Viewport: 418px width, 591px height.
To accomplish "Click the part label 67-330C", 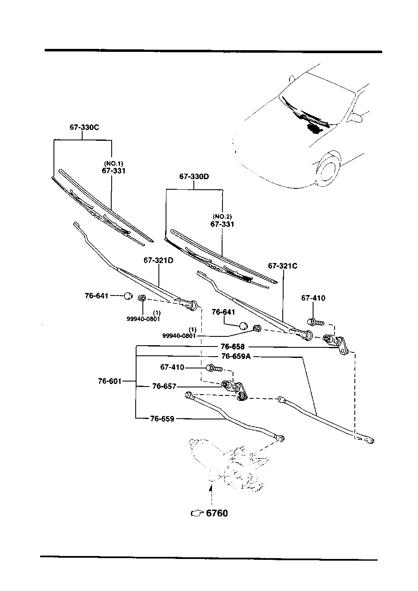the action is click(84, 127).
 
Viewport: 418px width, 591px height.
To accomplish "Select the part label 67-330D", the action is click(194, 177).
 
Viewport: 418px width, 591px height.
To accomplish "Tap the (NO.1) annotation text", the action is click(114, 163).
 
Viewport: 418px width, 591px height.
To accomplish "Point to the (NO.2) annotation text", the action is click(222, 217).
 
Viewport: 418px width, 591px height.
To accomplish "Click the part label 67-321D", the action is click(158, 261).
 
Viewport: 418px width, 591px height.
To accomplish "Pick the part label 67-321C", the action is click(283, 266).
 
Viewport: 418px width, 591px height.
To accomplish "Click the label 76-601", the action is click(110, 381).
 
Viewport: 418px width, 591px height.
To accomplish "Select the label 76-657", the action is click(164, 386).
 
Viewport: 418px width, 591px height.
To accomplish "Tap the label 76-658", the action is click(233, 347).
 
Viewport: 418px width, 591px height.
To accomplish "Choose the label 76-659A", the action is click(236, 357).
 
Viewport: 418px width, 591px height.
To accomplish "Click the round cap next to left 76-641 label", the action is click(128, 296).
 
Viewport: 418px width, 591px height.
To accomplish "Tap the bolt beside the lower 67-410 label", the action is click(214, 368).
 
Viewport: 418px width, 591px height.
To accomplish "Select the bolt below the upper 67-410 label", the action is click(316, 322).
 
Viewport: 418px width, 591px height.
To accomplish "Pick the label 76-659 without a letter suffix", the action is click(162, 419).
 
